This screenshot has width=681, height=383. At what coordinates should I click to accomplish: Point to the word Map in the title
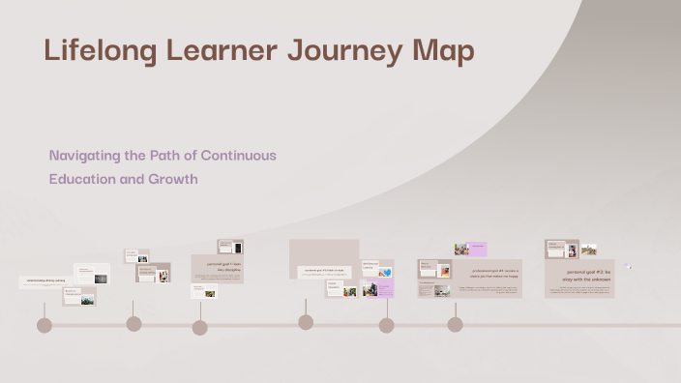441,50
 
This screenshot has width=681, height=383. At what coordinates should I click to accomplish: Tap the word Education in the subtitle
84,179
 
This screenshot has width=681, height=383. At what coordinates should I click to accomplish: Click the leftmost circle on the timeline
44,325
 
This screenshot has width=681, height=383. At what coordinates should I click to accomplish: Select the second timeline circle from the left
133,324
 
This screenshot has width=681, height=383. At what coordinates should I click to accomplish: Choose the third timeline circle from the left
199,327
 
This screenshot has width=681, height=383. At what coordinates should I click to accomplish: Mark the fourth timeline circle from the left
306,321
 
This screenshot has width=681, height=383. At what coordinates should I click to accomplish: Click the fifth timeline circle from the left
386,325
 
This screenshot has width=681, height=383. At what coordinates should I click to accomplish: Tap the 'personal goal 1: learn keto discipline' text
217,264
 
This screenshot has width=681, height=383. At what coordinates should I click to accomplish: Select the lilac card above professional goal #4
476,249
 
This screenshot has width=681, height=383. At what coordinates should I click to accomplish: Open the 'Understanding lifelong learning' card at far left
46,281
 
